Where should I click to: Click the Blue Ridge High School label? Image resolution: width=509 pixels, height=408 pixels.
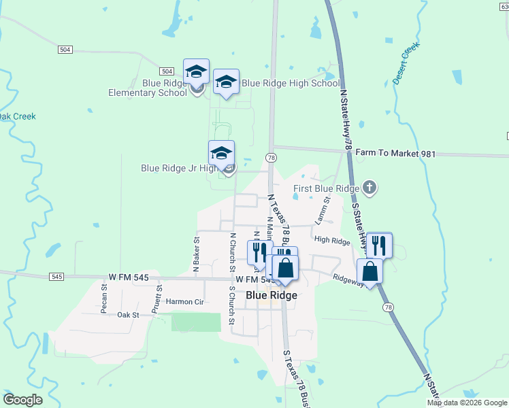tap(291, 84)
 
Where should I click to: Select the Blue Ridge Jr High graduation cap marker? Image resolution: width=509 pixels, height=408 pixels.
tap(222, 154)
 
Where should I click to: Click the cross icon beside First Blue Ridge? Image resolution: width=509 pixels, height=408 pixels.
tap(369, 188)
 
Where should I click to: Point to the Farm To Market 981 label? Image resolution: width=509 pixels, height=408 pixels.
tap(395, 154)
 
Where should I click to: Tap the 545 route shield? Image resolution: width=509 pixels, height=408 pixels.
tap(56, 277)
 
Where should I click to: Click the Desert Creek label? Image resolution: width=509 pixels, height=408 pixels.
tap(406, 63)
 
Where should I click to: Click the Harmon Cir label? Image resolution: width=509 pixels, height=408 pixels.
tap(184, 301)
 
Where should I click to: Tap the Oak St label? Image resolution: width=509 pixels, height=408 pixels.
tap(127, 315)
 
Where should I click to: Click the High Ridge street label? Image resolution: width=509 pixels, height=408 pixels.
tap(332, 240)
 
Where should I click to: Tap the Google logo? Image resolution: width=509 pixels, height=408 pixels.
tap(22, 400)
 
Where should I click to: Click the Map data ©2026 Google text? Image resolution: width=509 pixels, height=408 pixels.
tap(467, 403)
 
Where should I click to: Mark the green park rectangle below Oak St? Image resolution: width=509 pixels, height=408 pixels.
tap(196, 322)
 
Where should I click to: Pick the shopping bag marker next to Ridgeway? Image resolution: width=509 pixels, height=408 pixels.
tap(370, 271)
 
